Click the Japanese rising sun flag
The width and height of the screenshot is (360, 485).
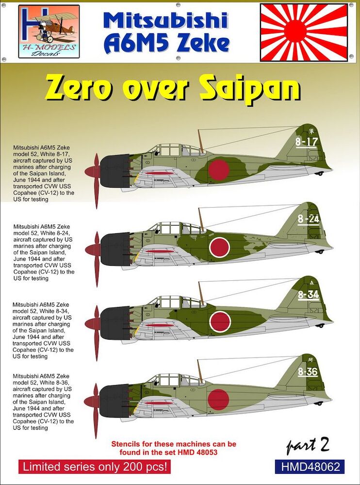[x=304, y=32]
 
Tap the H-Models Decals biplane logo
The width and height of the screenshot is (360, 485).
[x=49, y=31]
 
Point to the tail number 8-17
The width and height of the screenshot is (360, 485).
[x=307, y=142]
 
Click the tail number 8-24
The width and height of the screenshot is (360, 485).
[x=308, y=219]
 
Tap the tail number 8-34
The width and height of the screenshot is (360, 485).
[x=308, y=295]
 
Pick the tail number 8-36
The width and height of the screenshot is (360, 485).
[x=308, y=372]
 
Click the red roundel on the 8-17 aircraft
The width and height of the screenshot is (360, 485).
[x=218, y=170]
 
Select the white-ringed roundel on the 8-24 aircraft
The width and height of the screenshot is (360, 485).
[x=219, y=247]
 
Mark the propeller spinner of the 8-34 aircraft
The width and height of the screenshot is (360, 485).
[x=92, y=324]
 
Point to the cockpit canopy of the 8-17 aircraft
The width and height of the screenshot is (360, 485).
[x=178, y=150]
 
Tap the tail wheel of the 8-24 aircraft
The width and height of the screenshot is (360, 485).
[x=320, y=251]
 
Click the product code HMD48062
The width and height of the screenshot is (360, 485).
[x=310, y=467]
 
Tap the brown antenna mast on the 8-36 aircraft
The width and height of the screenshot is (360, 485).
[x=200, y=370]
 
